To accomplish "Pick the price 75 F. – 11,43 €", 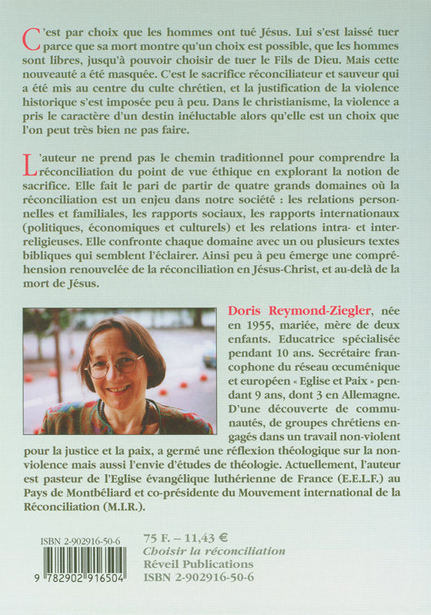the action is (185, 536).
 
